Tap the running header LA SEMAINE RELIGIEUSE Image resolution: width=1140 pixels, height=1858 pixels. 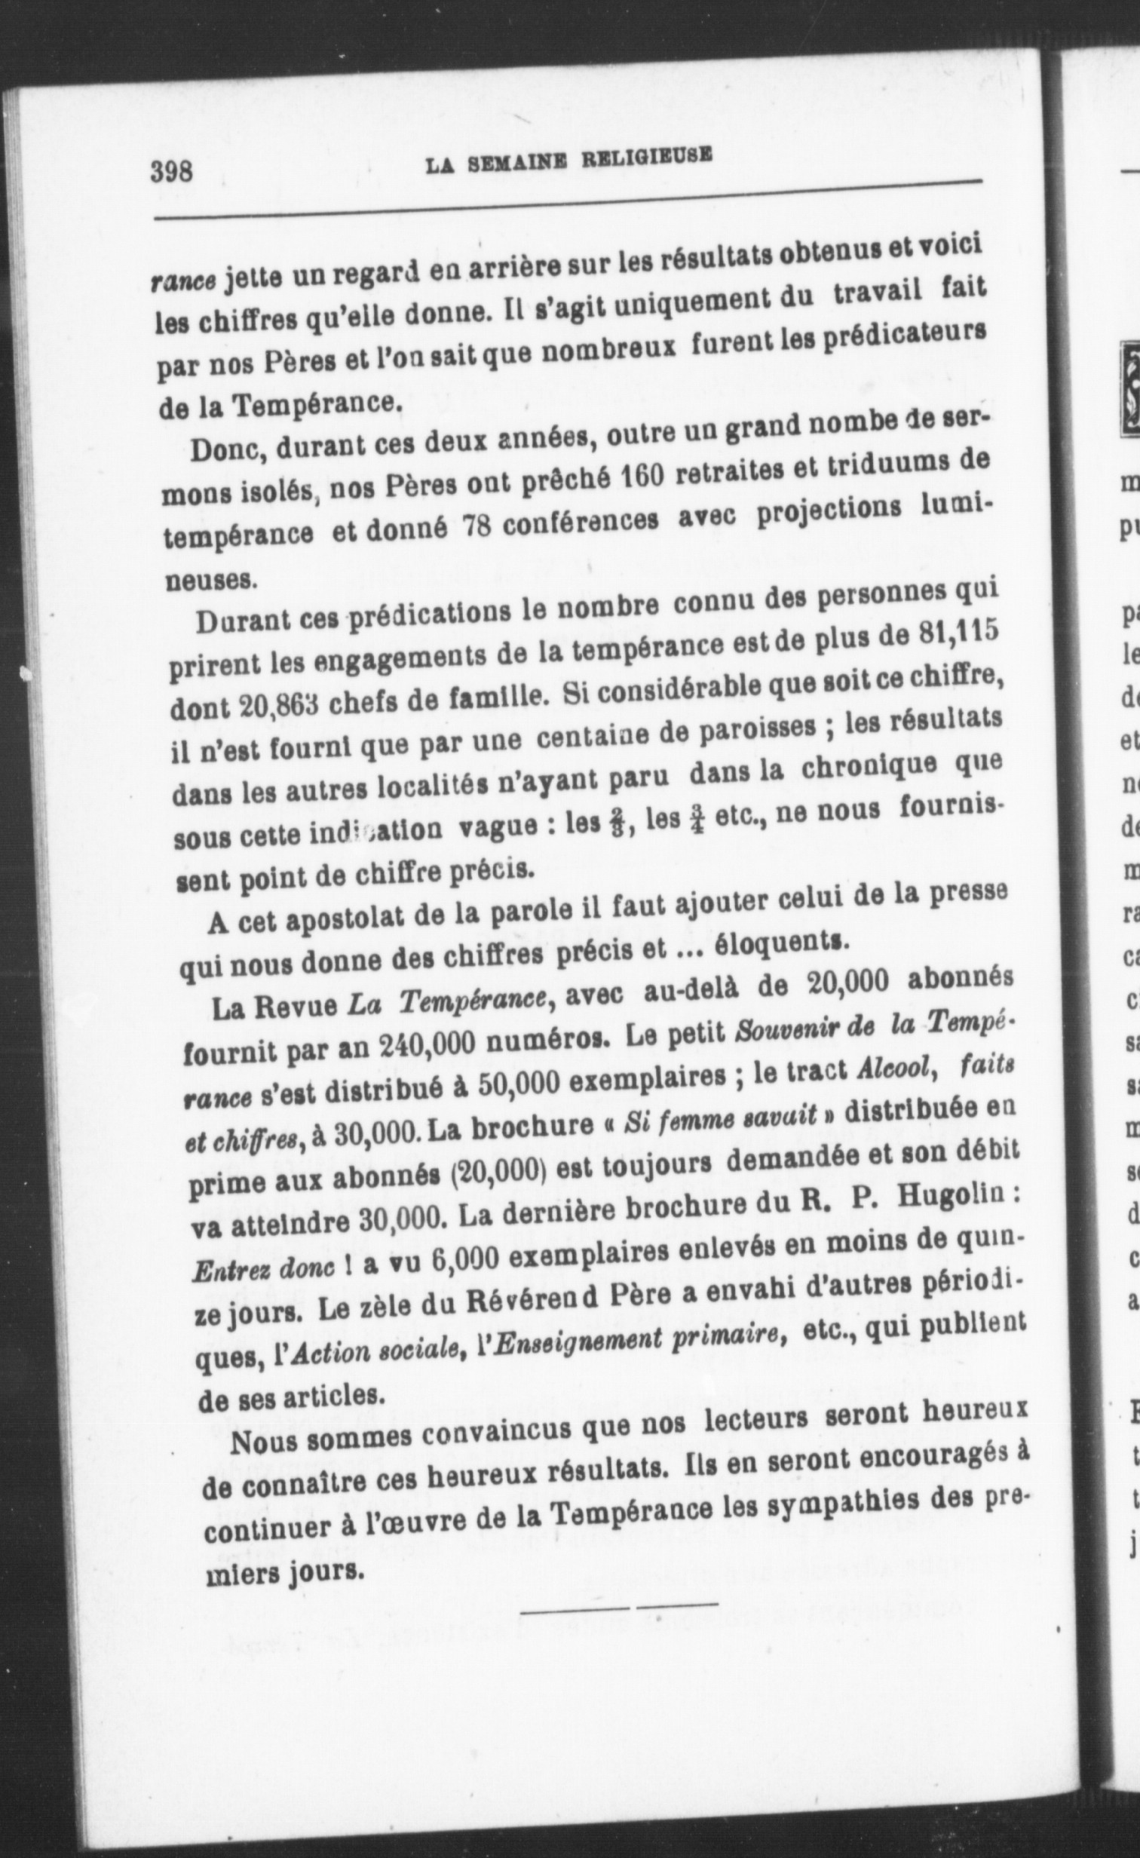pyautogui.click(x=568, y=160)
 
